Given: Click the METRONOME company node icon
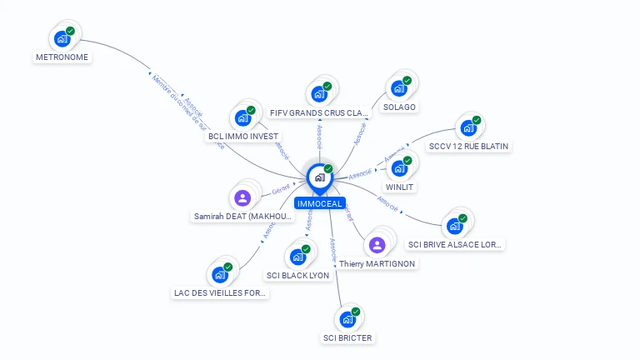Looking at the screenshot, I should click(62, 38).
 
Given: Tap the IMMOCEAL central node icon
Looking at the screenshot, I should click(319, 177).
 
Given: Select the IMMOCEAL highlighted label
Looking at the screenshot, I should click(319, 203).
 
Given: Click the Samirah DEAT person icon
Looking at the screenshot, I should click(242, 197).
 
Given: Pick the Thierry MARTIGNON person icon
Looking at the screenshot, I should click(377, 244).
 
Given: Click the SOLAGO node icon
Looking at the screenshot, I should click(398, 88).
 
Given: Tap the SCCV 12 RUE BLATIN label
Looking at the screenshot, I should click(467, 146).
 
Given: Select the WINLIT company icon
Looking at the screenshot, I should click(399, 168).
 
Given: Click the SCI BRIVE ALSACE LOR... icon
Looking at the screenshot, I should click(454, 225).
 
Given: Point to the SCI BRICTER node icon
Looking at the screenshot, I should click(347, 319).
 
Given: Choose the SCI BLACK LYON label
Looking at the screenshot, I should click(297, 275).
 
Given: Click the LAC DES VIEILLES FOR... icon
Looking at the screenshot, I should click(219, 274).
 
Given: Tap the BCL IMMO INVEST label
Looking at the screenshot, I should click(244, 136).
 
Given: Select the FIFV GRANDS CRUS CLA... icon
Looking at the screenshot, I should click(318, 94).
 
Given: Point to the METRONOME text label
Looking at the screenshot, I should click(62, 57).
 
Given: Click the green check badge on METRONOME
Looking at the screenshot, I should click(70, 31).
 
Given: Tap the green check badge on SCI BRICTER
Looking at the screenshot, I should click(356, 312).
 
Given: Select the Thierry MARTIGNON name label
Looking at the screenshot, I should click(377, 263).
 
